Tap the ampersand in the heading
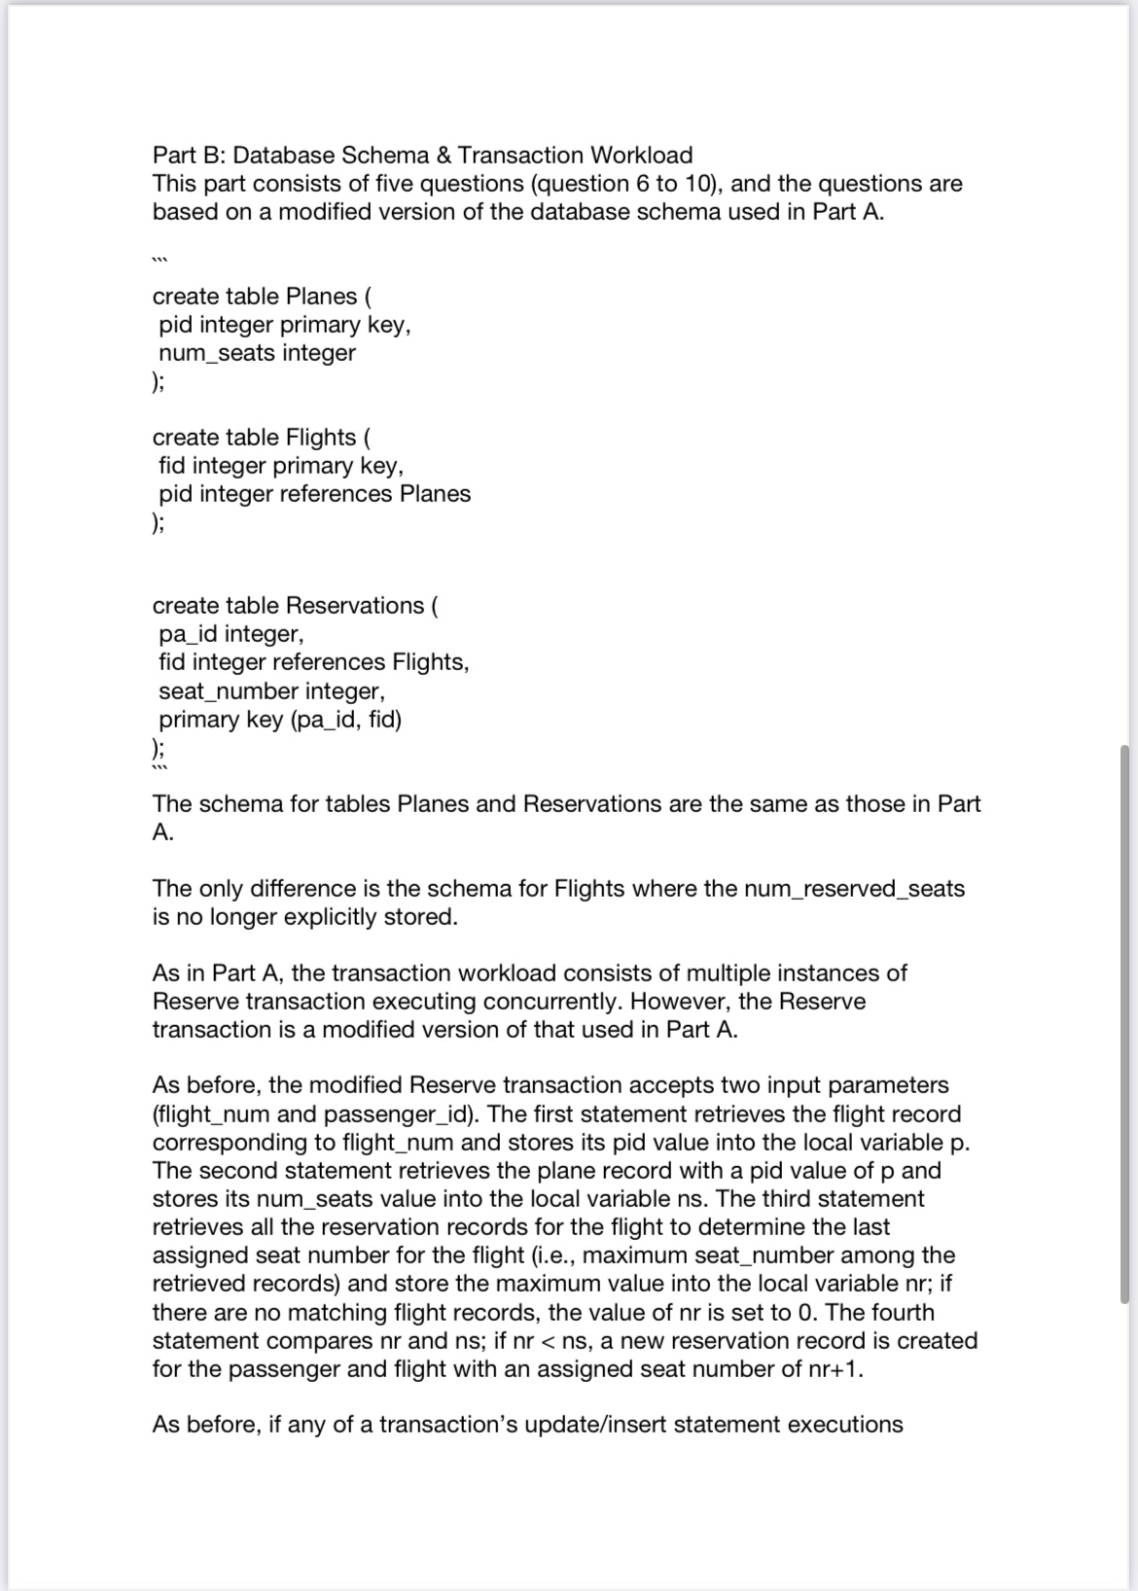pos(443,156)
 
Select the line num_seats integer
pos(257,353)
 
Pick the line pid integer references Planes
pos(314,494)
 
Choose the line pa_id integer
pos(231,634)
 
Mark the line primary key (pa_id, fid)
pos(280,720)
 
